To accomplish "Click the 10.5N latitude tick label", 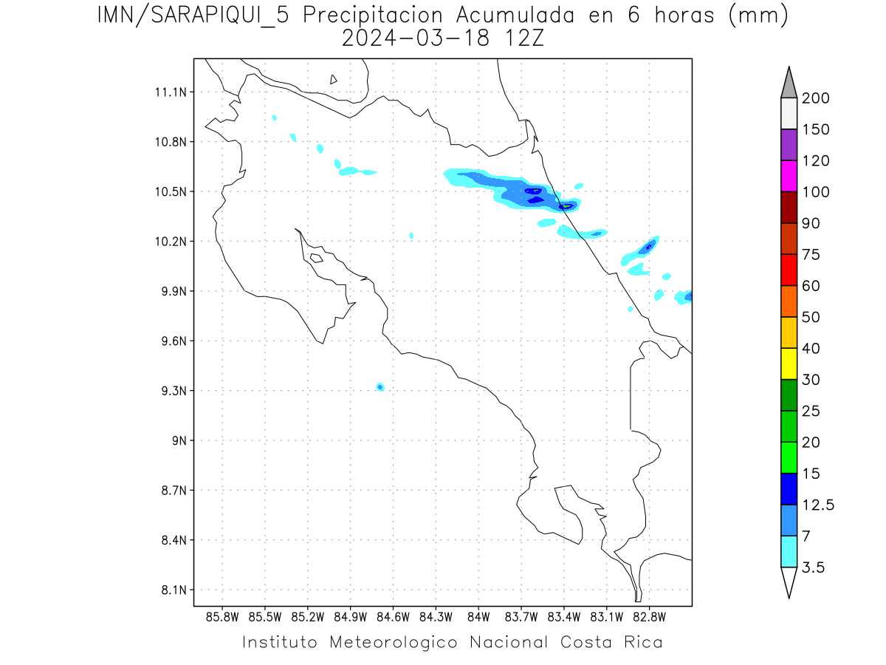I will pyautogui.click(x=169, y=192).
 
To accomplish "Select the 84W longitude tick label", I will pyautogui.click(x=478, y=616).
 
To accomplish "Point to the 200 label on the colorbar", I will pyautogui.click(x=815, y=98).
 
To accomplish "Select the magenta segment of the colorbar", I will pyautogui.click(x=789, y=176).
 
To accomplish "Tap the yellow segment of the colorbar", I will pyautogui.click(x=789, y=363).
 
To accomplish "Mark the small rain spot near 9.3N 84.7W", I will pyautogui.click(x=380, y=386).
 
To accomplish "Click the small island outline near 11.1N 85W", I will pyautogui.click(x=334, y=79).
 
